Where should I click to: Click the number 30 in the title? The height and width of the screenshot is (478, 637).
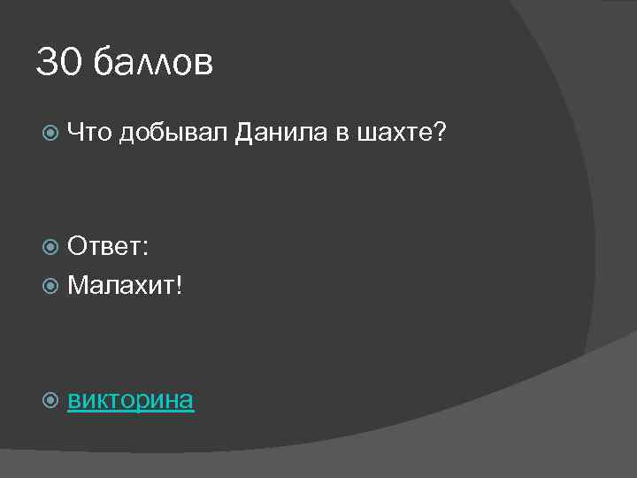[58, 63]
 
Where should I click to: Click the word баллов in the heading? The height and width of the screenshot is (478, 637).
[152, 63]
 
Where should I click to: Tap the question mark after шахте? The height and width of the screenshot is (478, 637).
[440, 133]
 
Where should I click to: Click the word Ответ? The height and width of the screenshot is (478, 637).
[104, 247]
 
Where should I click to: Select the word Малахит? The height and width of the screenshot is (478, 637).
[121, 284]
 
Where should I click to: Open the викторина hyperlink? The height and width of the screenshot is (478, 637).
[131, 399]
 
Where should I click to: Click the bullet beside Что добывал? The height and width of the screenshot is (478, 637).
[51, 134]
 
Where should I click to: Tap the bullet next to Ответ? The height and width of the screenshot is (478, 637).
[51, 248]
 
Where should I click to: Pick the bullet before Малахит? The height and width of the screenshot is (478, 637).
[51, 285]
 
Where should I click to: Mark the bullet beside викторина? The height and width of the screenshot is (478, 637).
[51, 400]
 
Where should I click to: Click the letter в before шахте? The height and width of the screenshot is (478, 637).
[341, 135]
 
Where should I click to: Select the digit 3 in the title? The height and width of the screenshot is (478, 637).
[47, 63]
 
